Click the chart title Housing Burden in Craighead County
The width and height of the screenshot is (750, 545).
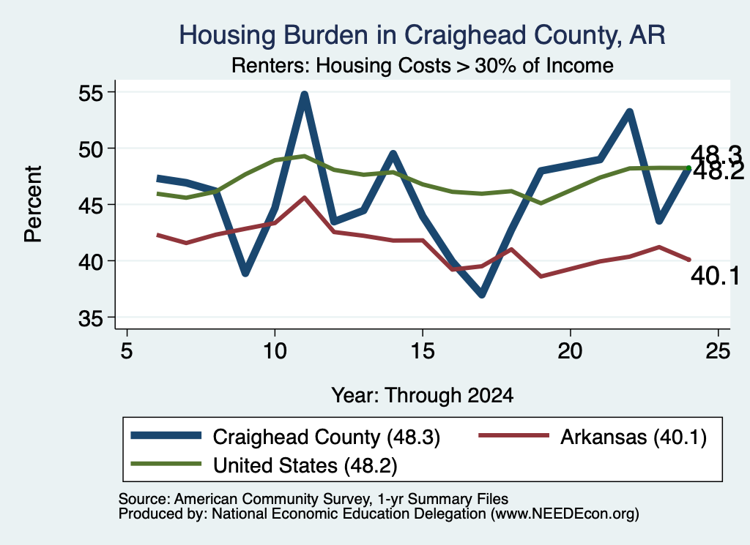pyautogui.click(x=422, y=35)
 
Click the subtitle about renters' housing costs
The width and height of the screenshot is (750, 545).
pyautogui.click(x=423, y=65)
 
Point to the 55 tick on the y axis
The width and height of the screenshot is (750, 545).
pyautogui.click(x=91, y=93)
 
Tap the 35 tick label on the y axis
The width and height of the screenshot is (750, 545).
pyautogui.click(x=91, y=318)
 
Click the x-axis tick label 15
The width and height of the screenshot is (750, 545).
pyautogui.click(x=423, y=351)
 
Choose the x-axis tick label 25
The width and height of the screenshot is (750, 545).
pyautogui.click(x=718, y=351)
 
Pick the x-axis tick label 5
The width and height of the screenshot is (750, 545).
pyautogui.click(x=126, y=351)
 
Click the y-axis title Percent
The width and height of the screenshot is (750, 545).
pyautogui.click(x=33, y=204)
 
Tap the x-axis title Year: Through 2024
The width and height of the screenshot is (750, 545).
pyautogui.click(x=423, y=396)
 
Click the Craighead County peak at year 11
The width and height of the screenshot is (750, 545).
pyautogui.click(x=304, y=94)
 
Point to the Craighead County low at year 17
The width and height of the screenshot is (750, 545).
pyautogui.click(x=482, y=294)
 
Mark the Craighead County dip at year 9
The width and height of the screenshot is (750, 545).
pyautogui.click(x=245, y=273)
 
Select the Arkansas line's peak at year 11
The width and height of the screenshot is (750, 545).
pyautogui.click(x=304, y=198)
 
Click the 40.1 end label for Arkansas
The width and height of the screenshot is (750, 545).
pyautogui.click(x=715, y=276)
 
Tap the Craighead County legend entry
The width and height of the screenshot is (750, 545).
pyautogui.click(x=286, y=437)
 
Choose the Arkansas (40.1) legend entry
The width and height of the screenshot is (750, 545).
pyautogui.click(x=593, y=437)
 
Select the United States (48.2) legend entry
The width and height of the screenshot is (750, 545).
pyautogui.click(x=264, y=465)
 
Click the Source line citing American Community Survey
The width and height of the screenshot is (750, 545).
pyautogui.click(x=313, y=499)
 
